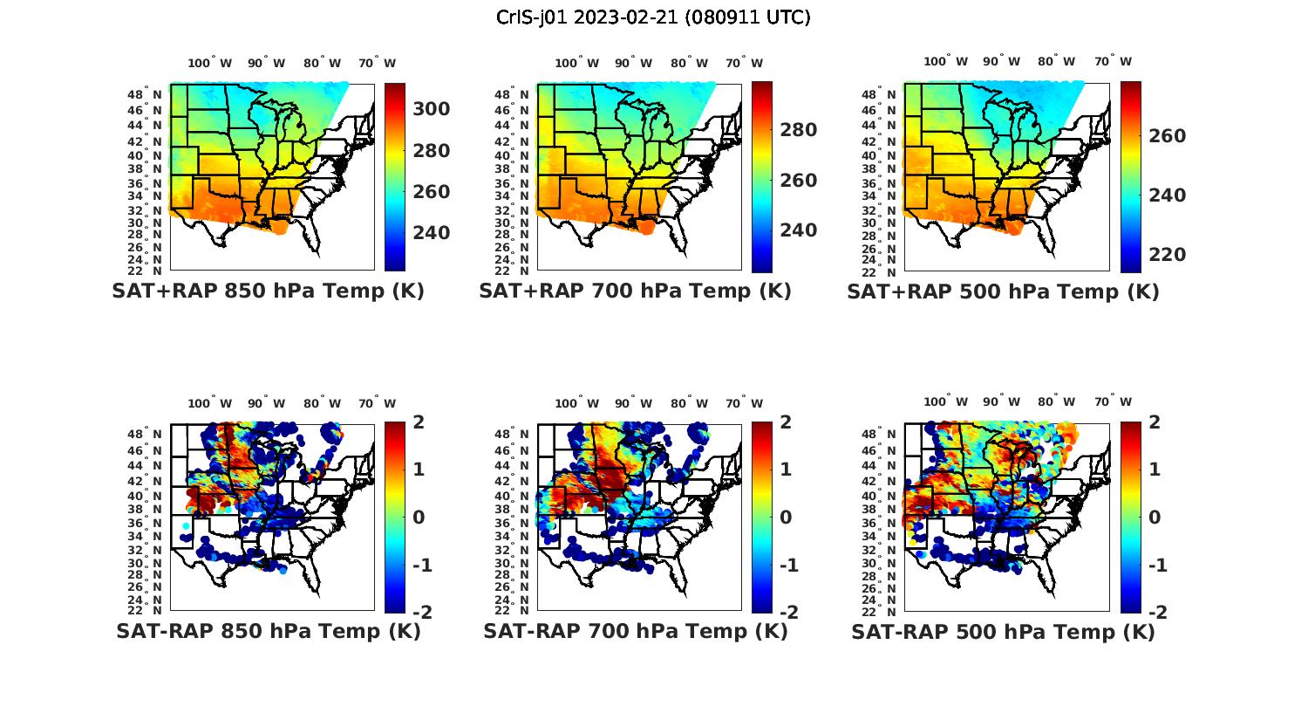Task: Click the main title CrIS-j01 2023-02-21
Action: tap(653, 17)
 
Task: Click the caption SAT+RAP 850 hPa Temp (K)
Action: tap(268, 291)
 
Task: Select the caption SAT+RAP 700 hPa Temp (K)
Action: tap(635, 291)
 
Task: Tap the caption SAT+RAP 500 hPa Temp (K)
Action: tap(1003, 291)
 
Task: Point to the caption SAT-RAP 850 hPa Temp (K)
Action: tap(268, 631)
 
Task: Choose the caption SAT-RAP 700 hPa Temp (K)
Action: tap(635, 631)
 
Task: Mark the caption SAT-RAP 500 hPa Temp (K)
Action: tap(1003, 632)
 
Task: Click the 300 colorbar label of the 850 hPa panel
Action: tap(431, 109)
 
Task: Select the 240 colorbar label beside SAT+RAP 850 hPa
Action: tap(431, 233)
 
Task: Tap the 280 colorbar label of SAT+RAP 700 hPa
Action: tap(798, 130)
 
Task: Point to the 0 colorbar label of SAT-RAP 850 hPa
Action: tap(418, 518)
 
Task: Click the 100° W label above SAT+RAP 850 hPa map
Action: tap(209, 63)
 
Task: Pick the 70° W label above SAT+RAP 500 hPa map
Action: tap(1113, 61)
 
